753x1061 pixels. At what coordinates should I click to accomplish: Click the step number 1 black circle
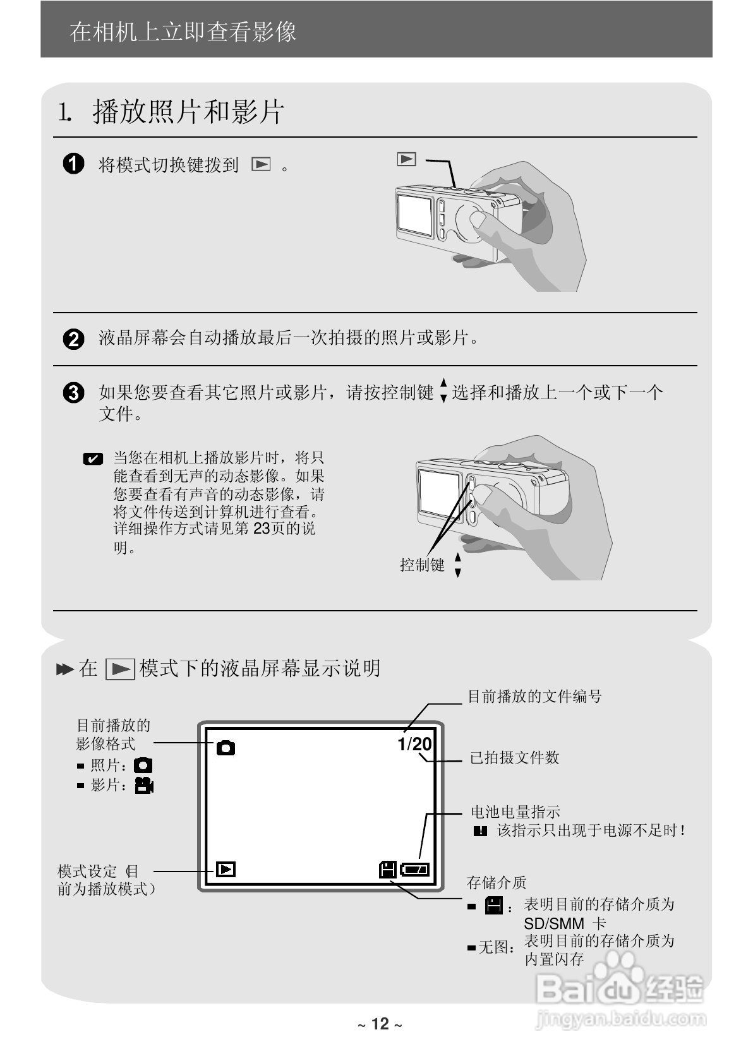click(74, 164)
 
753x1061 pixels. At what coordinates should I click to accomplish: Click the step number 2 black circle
click(74, 339)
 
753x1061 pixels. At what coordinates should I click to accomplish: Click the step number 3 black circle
click(74, 393)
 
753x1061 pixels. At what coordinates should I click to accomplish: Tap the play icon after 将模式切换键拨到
click(261, 165)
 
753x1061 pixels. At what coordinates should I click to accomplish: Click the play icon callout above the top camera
click(407, 159)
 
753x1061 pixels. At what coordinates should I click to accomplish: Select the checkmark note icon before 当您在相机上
click(93, 459)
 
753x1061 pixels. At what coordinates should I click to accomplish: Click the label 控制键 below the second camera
click(422, 565)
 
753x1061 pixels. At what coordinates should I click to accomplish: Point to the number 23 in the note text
click(262, 529)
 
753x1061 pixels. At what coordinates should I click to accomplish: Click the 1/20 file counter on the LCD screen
click(414, 744)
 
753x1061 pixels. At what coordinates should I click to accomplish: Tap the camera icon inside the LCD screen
click(226, 748)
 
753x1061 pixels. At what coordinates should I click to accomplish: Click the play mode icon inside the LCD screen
click(226, 870)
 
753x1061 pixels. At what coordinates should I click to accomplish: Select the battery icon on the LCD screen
click(414, 870)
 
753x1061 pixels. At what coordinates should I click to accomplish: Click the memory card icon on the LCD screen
click(387, 870)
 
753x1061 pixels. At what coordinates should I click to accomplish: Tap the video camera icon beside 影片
click(145, 786)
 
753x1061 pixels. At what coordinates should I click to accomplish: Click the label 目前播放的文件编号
click(534, 697)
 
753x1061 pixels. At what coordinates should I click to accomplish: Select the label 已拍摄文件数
click(514, 757)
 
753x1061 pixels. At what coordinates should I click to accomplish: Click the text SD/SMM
click(554, 924)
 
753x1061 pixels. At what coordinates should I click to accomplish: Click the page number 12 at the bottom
click(380, 1024)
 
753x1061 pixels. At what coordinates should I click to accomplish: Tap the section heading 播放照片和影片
click(188, 112)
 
